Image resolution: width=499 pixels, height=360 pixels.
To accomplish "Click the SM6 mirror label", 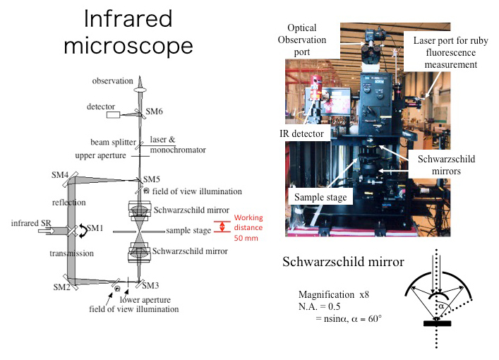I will point(155,112).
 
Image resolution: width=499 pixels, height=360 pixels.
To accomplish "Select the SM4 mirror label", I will point(60,174).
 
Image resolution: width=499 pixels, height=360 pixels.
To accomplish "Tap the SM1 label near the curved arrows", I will point(94,229).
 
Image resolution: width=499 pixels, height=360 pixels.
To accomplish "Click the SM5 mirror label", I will point(152,179).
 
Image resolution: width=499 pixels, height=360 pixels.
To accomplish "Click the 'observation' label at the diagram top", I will point(112,81).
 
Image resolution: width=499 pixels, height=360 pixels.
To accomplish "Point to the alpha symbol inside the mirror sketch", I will point(439,307).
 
